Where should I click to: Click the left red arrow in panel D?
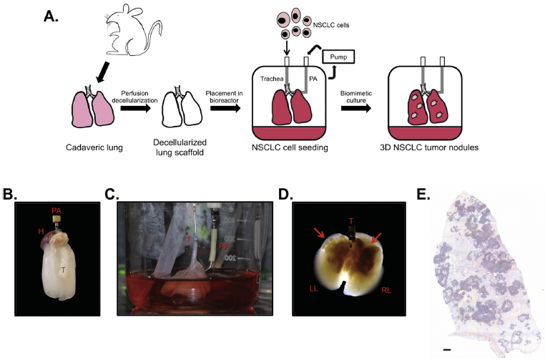(x=319, y=233)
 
